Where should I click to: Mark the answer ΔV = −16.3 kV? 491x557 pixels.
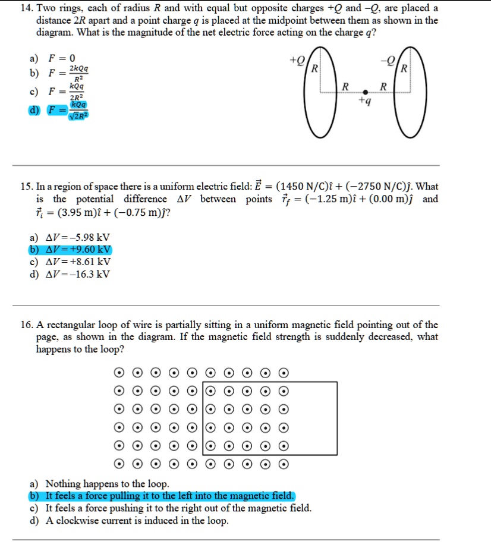coord(77,274)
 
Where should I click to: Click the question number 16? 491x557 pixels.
coord(26,325)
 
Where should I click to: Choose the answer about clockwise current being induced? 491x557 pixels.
coord(137,521)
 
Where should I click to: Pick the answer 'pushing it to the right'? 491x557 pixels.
coord(178,508)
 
